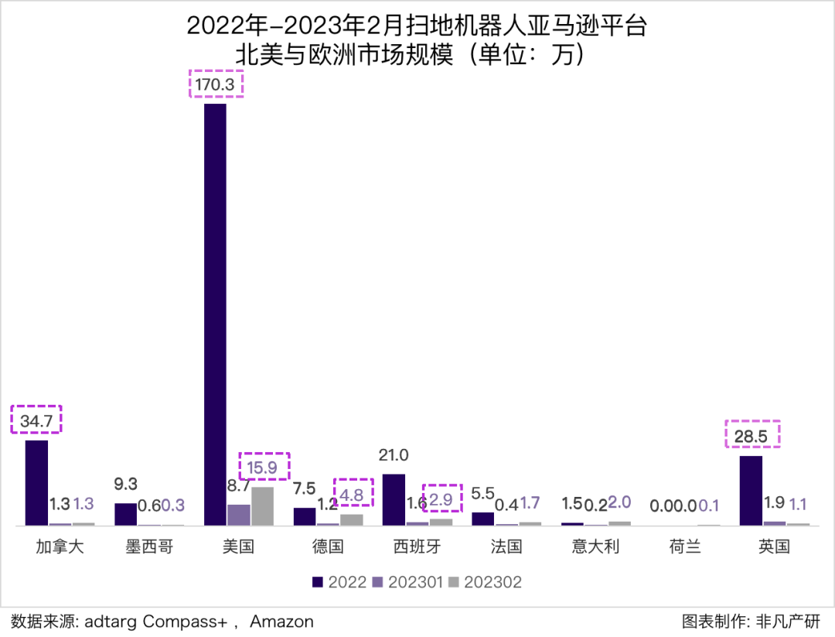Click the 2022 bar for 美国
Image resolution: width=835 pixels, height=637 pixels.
(215, 314)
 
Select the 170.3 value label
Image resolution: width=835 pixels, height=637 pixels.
(216, 84)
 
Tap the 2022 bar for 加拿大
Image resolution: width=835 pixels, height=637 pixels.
(36, 483)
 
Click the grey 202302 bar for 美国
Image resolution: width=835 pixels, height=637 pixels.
(262, 506)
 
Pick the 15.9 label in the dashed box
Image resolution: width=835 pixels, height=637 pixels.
(264, 467)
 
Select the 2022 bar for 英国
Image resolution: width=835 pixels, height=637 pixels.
(751, 491)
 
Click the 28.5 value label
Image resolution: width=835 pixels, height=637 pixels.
(751, 436)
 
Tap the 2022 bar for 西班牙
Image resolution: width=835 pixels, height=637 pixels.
(394, 500)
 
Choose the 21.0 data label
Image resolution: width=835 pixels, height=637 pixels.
(394, 455)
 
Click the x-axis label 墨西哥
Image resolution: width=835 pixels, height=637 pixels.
(149, 547)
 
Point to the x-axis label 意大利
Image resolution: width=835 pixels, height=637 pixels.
(596, 547)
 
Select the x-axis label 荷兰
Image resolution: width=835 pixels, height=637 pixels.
(685, 547)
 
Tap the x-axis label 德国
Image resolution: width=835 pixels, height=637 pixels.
(328, 547)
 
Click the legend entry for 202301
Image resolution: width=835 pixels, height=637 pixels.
(414, 582)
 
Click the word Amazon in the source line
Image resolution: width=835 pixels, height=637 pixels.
(281, 622)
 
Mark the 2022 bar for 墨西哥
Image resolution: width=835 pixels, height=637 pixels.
(126, 514)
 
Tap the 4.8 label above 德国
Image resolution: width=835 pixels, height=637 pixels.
(353, 491)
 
